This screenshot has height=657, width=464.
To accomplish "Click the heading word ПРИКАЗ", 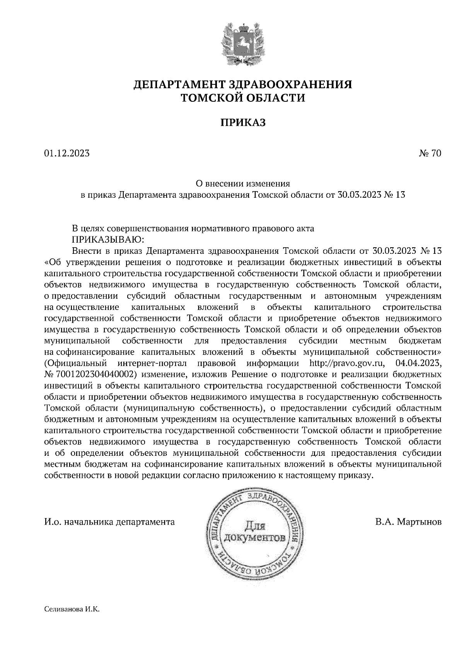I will (x=243, y=123).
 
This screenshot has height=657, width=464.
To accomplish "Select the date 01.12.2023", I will (x=67, y=154).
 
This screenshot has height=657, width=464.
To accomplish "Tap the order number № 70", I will (x=430, y=154).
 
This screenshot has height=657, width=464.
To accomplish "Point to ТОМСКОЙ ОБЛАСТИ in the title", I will (x=243, y=98).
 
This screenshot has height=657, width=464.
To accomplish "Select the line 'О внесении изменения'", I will (x=243, y=183).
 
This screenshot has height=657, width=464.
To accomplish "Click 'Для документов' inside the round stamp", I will (x=256, y=532).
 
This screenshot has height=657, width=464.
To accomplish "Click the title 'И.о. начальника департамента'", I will (x=109, y=522).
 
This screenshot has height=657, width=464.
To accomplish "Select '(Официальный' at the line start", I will (x=75, y=363).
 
